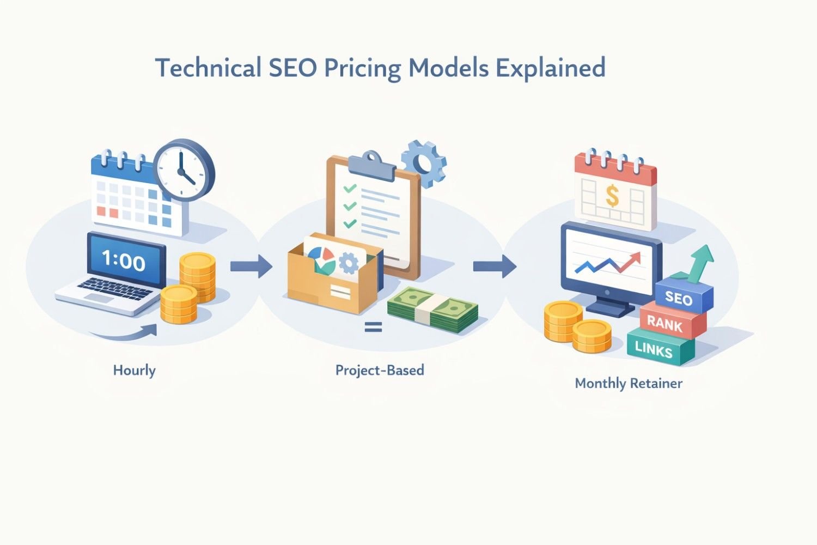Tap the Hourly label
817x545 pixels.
134,370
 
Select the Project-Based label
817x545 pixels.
380,370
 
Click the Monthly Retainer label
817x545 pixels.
629,383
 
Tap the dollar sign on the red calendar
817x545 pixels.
612,196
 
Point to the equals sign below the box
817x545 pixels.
373,328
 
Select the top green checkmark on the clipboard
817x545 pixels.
350,189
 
